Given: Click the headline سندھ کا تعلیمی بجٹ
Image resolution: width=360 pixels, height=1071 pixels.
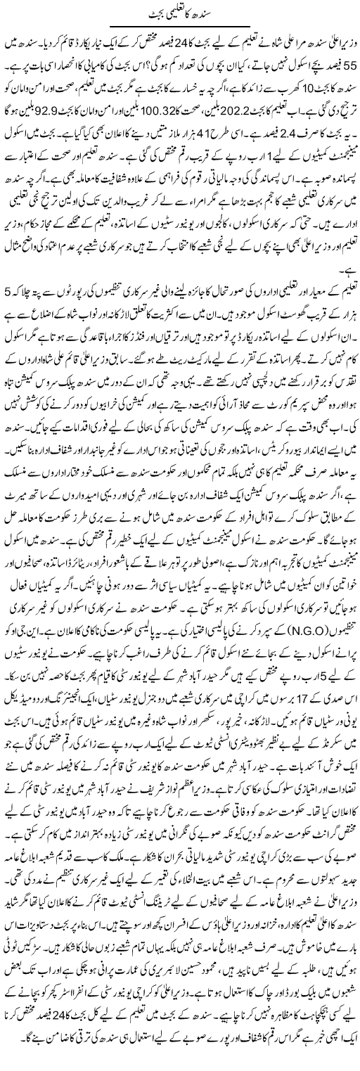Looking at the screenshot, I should tap(180, 12).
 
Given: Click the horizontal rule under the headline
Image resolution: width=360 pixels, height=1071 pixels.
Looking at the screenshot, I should tap(180, 25).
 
